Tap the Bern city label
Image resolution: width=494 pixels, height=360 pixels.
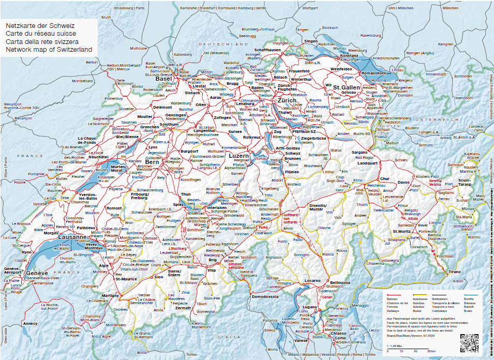(x=153, y=162)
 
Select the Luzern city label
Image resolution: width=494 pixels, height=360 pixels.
(x=238, y=155)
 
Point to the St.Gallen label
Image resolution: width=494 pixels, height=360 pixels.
(x=346, y=88)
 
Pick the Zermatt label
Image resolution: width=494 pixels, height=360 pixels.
(x=182, y=308)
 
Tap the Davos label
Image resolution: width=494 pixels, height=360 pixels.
(x=404, y=182)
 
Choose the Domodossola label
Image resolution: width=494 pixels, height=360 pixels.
(x=266, y=297)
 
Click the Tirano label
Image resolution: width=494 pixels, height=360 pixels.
(x=454, y=272)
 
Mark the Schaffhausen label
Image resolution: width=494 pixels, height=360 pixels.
(x=267, y=50)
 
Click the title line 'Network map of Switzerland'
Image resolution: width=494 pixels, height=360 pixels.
(x=49, y=50)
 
